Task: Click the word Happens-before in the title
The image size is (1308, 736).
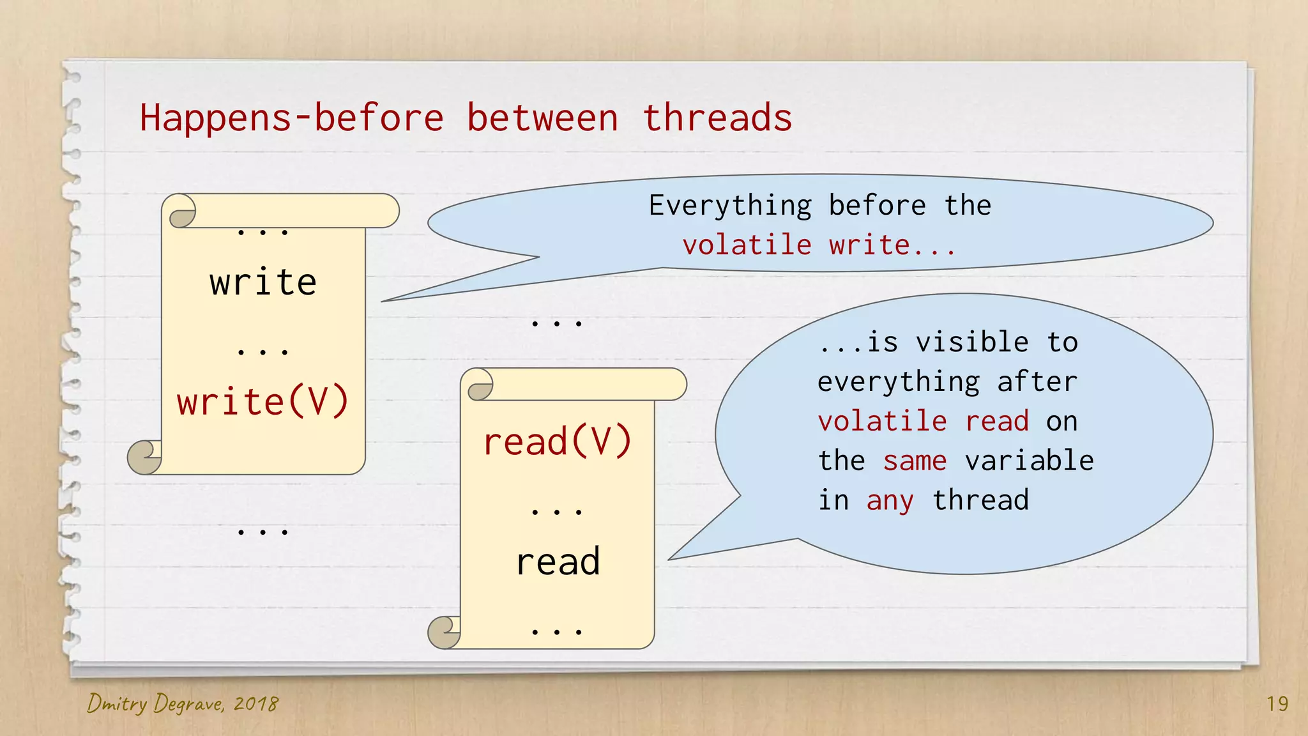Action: coord(291,119)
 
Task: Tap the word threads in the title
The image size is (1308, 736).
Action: coord(717,119)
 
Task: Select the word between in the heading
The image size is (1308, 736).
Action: coord(542,119)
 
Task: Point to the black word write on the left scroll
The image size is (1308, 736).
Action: coord(263,282)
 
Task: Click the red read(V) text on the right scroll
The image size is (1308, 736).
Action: coord(558,442)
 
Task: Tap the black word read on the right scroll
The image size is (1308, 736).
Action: coord(558,562)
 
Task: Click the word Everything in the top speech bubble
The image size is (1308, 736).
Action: coord(730,206)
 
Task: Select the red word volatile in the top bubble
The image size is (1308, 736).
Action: coord(747,245)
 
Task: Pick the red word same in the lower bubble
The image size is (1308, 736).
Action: coord(915,461)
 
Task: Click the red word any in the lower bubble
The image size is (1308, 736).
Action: coord(890,500)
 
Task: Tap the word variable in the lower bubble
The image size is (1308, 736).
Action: coord(1029,461)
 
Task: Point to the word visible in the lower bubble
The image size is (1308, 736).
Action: coord(972,342)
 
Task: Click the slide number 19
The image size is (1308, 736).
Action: coord(1277,704)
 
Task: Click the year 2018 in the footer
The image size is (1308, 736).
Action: coord(255,704)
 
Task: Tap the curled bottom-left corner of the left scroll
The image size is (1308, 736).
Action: coord(143,457)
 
